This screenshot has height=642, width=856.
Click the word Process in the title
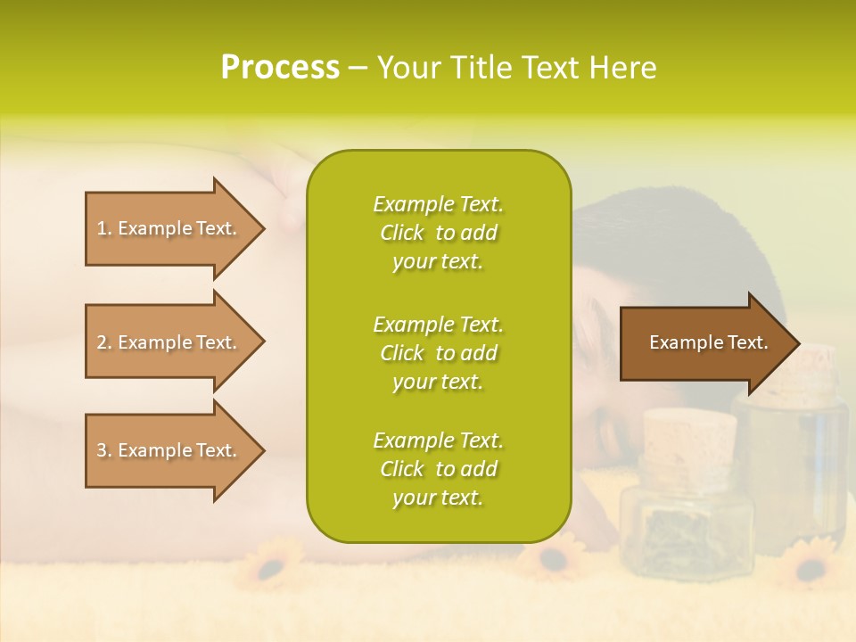click(280, 68)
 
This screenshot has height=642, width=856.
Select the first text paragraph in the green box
click(438, 233)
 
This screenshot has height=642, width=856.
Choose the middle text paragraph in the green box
click(438, 353)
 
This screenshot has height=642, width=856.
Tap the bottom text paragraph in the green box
click(438, 469)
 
